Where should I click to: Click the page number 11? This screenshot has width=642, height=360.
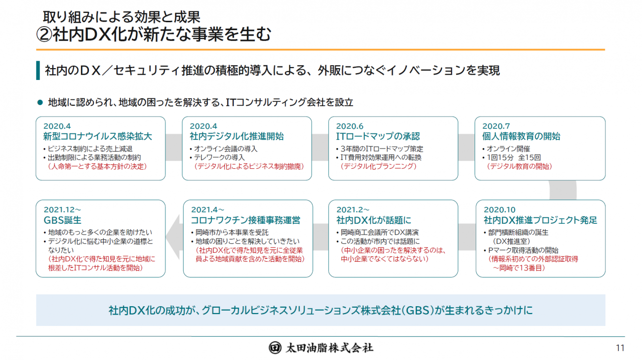tap(620, 348)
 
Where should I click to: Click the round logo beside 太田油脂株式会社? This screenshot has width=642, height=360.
tap(275, 348)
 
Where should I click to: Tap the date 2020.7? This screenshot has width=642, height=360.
tap(496, 126)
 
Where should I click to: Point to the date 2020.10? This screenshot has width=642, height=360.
tap(500, 209)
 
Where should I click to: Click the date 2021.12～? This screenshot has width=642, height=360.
tap(63, 209)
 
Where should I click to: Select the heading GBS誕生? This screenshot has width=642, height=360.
tap(63, 220)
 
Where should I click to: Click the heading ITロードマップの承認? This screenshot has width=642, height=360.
tap(378, 136)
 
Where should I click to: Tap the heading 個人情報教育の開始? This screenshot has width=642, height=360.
tap(521, 136)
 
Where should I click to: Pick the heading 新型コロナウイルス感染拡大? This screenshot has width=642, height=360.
tap(97, 136)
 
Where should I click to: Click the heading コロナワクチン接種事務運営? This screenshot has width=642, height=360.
tap(245, 220)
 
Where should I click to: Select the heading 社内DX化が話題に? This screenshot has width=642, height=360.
tap(374, 220)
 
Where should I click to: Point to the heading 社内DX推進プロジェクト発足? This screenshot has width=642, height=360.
tap(541, 220)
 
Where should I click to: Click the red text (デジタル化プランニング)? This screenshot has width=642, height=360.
tap(379, 166)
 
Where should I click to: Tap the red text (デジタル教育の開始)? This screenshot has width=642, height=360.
tap(520, 166)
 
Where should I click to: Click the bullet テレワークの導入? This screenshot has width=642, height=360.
tap(217, 158)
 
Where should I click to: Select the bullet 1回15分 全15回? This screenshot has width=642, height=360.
tap(511, 158)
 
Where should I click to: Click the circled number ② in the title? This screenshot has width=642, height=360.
tap(44, 35)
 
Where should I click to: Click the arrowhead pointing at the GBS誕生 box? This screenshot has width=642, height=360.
tap(173, 237)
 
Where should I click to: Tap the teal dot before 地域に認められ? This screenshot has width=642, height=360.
tap(40, 102)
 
